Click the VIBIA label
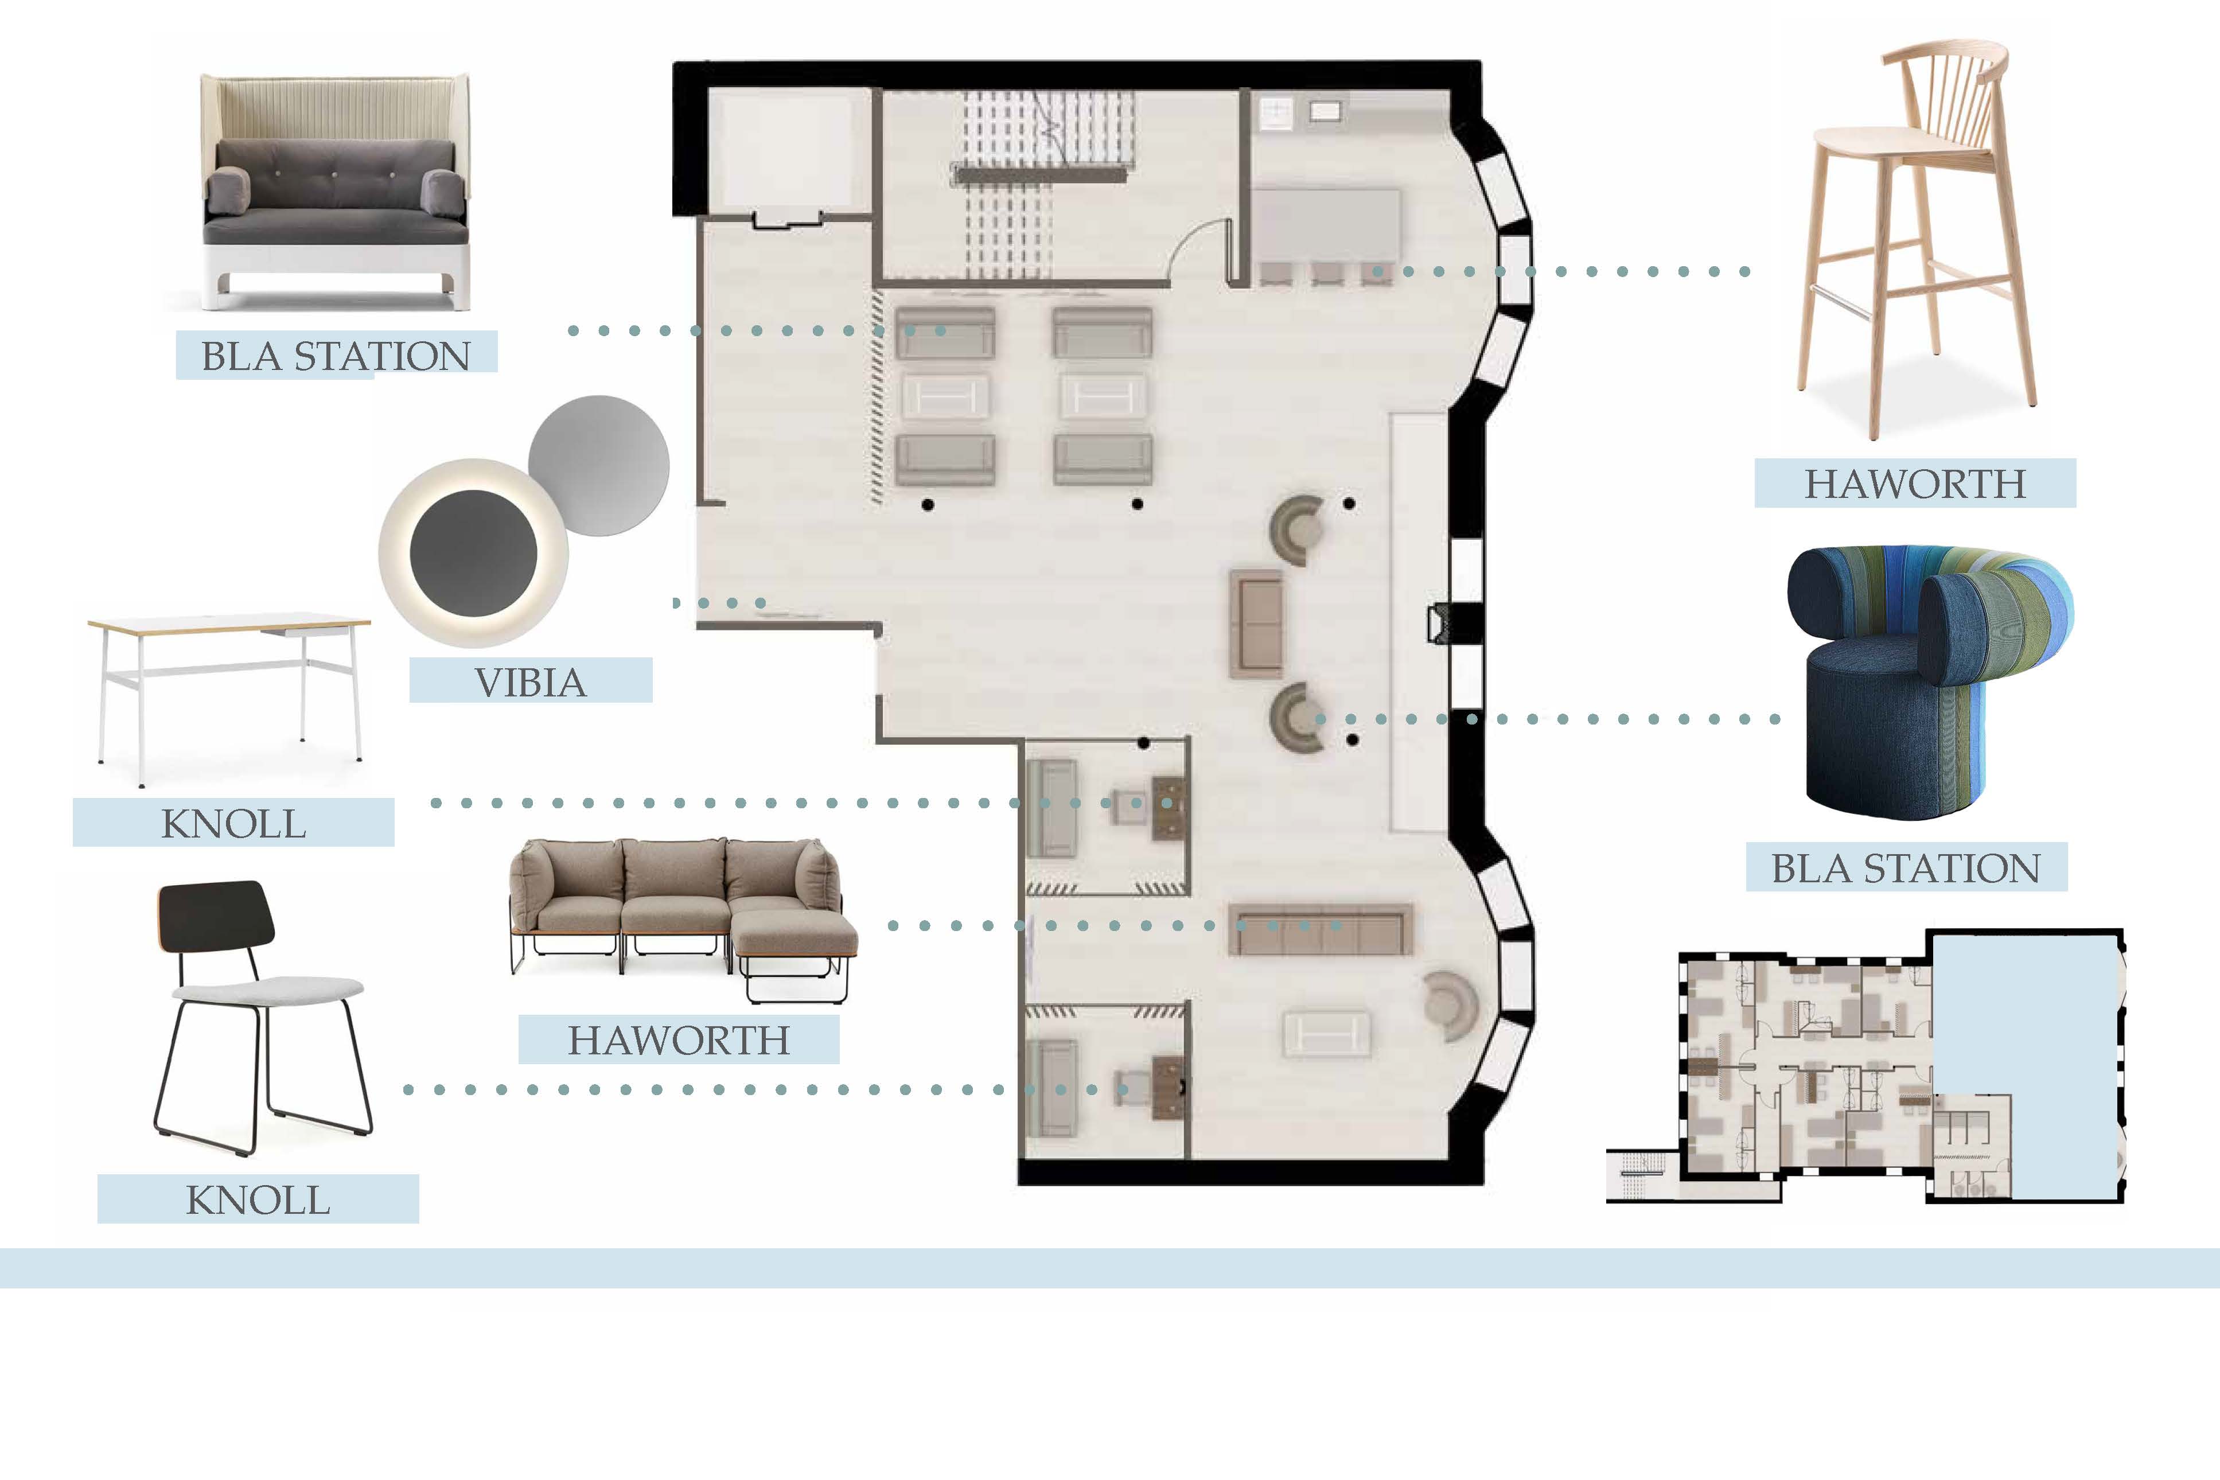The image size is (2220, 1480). [x=531, y=681]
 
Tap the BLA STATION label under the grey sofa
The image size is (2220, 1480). [x=336, y=356]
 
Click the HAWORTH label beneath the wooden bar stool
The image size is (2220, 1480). [x=1915, y=483]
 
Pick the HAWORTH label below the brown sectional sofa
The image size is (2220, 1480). [x=679, y=1039]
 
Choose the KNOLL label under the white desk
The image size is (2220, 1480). [x=233, y=823]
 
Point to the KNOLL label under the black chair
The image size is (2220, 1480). [x=258, y=1199]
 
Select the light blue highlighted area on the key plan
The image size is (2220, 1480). [x=2023, y=1066]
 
